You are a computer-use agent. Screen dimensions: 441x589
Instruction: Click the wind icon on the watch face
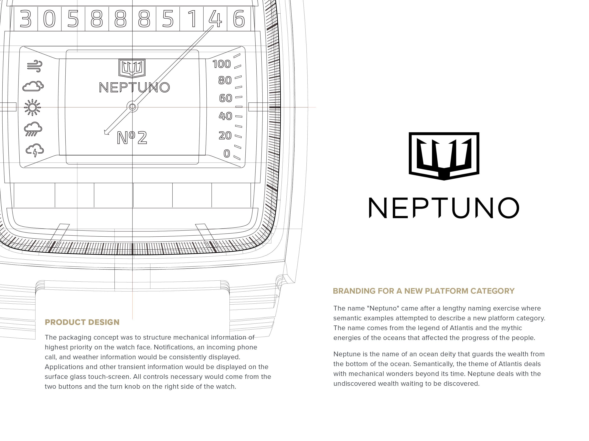tap(35, 66)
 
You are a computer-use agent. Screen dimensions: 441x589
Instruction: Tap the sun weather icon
tap(32, 107)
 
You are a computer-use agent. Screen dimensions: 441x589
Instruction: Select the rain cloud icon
tap(33, 129)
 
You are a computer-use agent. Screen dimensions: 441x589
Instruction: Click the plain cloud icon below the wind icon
tap(33, 86)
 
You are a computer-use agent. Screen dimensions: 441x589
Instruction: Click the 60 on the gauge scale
tap(226, 98)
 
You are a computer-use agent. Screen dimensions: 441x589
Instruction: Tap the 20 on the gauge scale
tap(225, 136)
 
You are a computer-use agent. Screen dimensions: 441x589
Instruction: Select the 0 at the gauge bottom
tap(227, 153)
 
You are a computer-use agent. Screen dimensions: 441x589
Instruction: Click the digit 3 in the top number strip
tap(26, 19)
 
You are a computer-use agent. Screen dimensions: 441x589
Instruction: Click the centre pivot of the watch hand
tap(132, 107)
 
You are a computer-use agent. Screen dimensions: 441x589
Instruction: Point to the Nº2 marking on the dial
tap(132, 138)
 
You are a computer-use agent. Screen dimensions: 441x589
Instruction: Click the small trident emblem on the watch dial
tap(132, 68)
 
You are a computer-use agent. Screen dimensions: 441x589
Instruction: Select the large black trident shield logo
tap(444, 156)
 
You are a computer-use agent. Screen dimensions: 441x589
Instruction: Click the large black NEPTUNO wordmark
tap(444, 208)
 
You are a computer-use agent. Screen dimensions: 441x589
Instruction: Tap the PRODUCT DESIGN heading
tap(82, 322)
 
